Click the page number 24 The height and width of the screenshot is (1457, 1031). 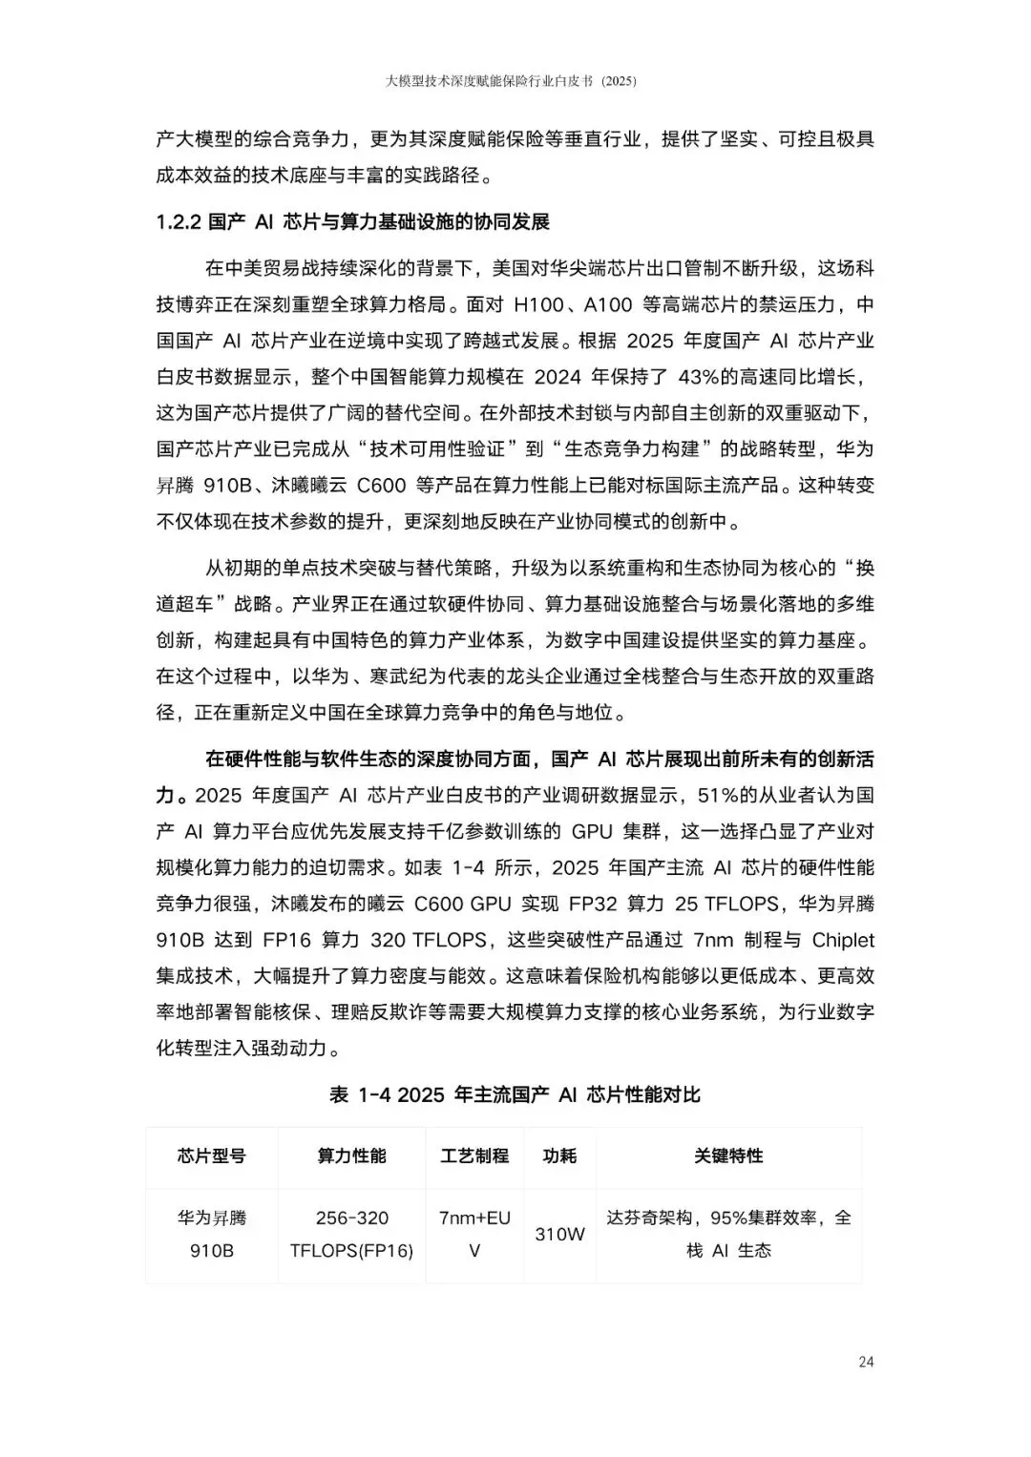866,1362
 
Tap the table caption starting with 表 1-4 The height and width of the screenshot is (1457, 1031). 515,1094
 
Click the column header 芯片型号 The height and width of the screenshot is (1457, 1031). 211,1156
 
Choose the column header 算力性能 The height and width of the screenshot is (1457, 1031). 351,1156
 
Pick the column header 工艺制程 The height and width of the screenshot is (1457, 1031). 474,1156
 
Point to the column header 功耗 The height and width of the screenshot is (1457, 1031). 559,1156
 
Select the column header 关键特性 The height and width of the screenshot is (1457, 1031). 728,1156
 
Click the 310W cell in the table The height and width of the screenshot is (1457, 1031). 559,1234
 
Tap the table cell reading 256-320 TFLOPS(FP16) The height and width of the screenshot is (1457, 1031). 351,1234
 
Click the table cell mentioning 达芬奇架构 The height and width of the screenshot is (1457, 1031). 728,1234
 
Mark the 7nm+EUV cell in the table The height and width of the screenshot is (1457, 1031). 474,1234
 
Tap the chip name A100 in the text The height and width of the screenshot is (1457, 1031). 608,304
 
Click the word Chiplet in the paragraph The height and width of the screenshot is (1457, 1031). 843,940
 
